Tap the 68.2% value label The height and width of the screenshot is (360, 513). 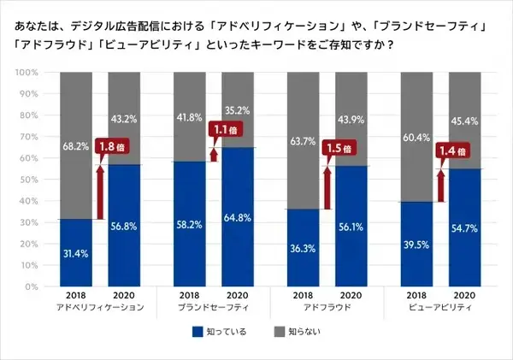pos(75,146)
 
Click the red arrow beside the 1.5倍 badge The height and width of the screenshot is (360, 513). pos(327,184)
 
